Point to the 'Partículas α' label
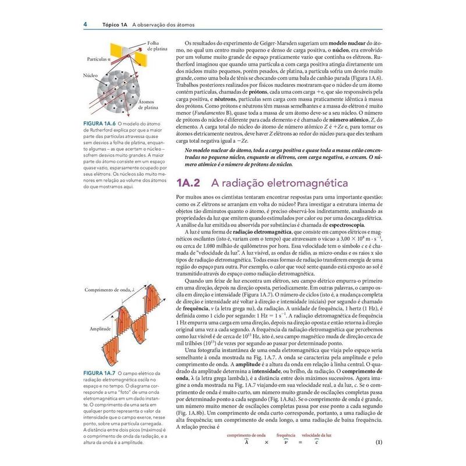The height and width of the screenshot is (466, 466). coord(100,59)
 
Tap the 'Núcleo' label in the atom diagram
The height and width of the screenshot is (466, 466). coord(90,76)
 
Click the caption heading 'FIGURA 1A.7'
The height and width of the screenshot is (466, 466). coord(100,372)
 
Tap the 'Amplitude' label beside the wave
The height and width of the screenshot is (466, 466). coord(100,329)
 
